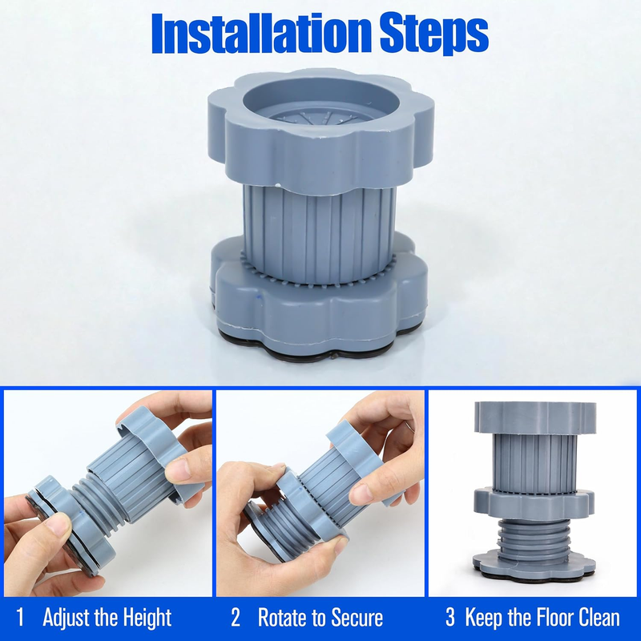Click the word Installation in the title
[x=262, y=34]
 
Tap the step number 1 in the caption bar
[x=19, y=617]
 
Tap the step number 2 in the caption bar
[x=236, y=617]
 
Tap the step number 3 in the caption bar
[x=450, y=617]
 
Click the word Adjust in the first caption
[x=67, y=618]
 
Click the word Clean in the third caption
[x=600, y=617]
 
